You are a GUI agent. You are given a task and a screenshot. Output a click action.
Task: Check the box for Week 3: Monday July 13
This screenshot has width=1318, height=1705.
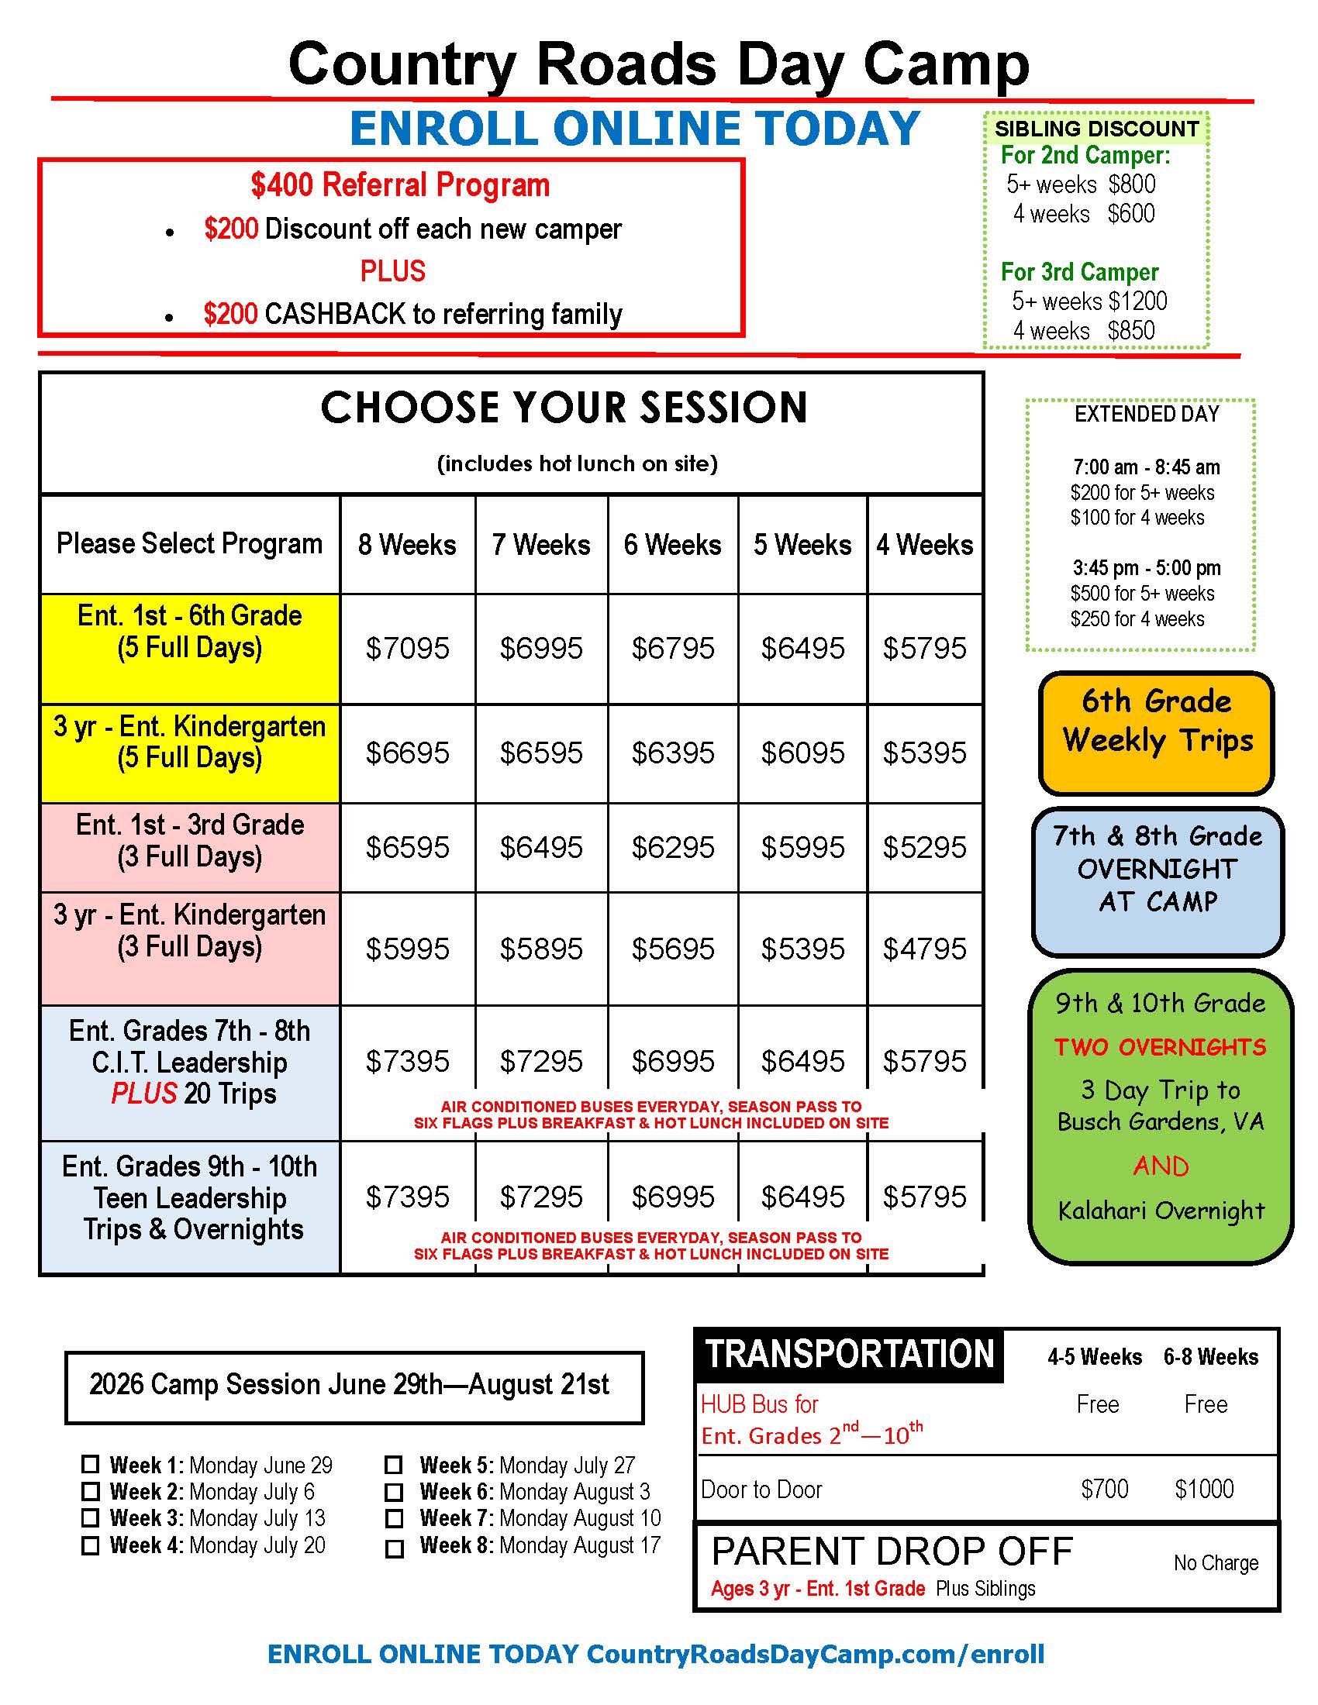click(91, 1518)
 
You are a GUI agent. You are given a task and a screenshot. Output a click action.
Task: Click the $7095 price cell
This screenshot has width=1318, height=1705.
click(408, 648)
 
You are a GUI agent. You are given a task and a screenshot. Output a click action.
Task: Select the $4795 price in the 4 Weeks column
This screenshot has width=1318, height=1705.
click(924, 949)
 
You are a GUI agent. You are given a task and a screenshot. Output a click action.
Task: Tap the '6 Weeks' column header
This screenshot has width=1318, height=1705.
click(672, 544)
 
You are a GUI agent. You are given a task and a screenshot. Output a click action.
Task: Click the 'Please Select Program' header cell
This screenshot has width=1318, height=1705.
click(189, 543)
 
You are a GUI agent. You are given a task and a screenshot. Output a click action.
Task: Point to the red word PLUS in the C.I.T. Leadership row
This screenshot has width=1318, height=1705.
click(143, 1093)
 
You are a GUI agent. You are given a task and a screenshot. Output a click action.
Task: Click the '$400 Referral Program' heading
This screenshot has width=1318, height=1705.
click(401, 186)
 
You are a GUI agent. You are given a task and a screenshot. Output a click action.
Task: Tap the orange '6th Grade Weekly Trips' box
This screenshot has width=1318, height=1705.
click(1157, 732)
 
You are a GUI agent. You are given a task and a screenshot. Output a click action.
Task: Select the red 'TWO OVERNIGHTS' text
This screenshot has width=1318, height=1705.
click(1161, 1047)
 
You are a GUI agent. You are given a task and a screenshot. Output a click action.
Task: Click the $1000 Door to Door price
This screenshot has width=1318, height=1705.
click(1204, 1489)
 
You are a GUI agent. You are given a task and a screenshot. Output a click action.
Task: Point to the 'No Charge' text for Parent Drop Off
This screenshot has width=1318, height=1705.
click(1216, 1563)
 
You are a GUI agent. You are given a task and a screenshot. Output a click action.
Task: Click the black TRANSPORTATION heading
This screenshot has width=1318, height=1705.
click(850, 1355)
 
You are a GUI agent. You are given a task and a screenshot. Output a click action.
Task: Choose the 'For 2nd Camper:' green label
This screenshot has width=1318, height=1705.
click(1085, 155)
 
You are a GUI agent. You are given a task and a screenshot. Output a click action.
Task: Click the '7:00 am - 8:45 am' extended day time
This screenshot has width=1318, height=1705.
click(1146, 467)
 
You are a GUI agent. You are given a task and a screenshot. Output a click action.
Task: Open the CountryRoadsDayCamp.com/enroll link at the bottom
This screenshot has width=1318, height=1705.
click(815, 1654)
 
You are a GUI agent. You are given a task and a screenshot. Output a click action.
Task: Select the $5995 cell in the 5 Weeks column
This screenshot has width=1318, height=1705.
click(802, 847)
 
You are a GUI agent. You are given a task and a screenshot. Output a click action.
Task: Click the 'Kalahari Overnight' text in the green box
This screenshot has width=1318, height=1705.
click(1161, 1210)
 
